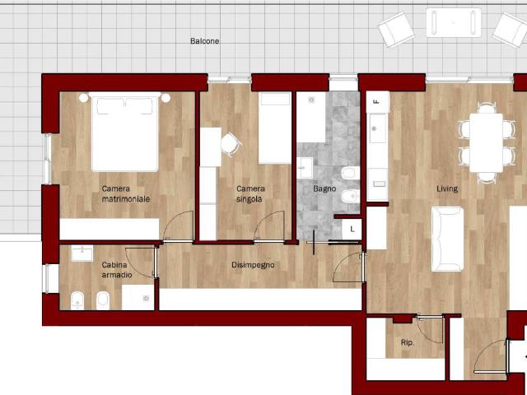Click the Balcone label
[x=205, y=41]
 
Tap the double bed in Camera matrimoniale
[x=124, y=132]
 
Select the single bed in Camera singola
[x=274, y=128]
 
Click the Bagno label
[x=324, y=188]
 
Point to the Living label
[x=447, y=188]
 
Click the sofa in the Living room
[x=447, y=239]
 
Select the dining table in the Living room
[x=486, y=142]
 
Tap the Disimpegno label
[x=253, y=265]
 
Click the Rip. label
[x=408, y=342]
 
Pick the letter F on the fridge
[x=376, y=102]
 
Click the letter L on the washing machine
[x=352, y=230]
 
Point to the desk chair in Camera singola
[x=231, y=145]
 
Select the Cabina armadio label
[x=117, y=270]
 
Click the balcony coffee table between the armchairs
[x=454, y=22]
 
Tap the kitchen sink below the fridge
[x=377, y=128]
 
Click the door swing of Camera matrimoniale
[x=179, y=225]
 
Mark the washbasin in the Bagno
[x=305, y=168]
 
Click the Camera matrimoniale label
[x=125, y=194]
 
